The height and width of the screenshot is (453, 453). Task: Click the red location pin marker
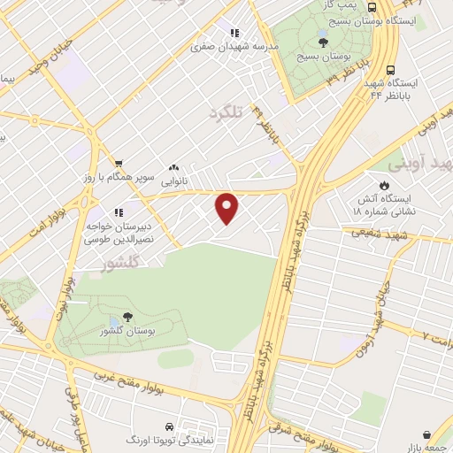click(x=227, y=208)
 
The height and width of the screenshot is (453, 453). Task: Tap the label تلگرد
click(x=225, y=114)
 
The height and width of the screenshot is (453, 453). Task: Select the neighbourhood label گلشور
click(x=121, y=264)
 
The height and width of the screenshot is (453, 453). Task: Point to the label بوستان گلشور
click(x=128, y=331)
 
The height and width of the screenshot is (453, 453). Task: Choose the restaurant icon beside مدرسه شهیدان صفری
click(x=234, y=33)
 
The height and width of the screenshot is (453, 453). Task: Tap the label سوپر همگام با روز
click(x=119, y=177)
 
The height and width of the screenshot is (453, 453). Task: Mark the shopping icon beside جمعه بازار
click(x=429, y=435)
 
